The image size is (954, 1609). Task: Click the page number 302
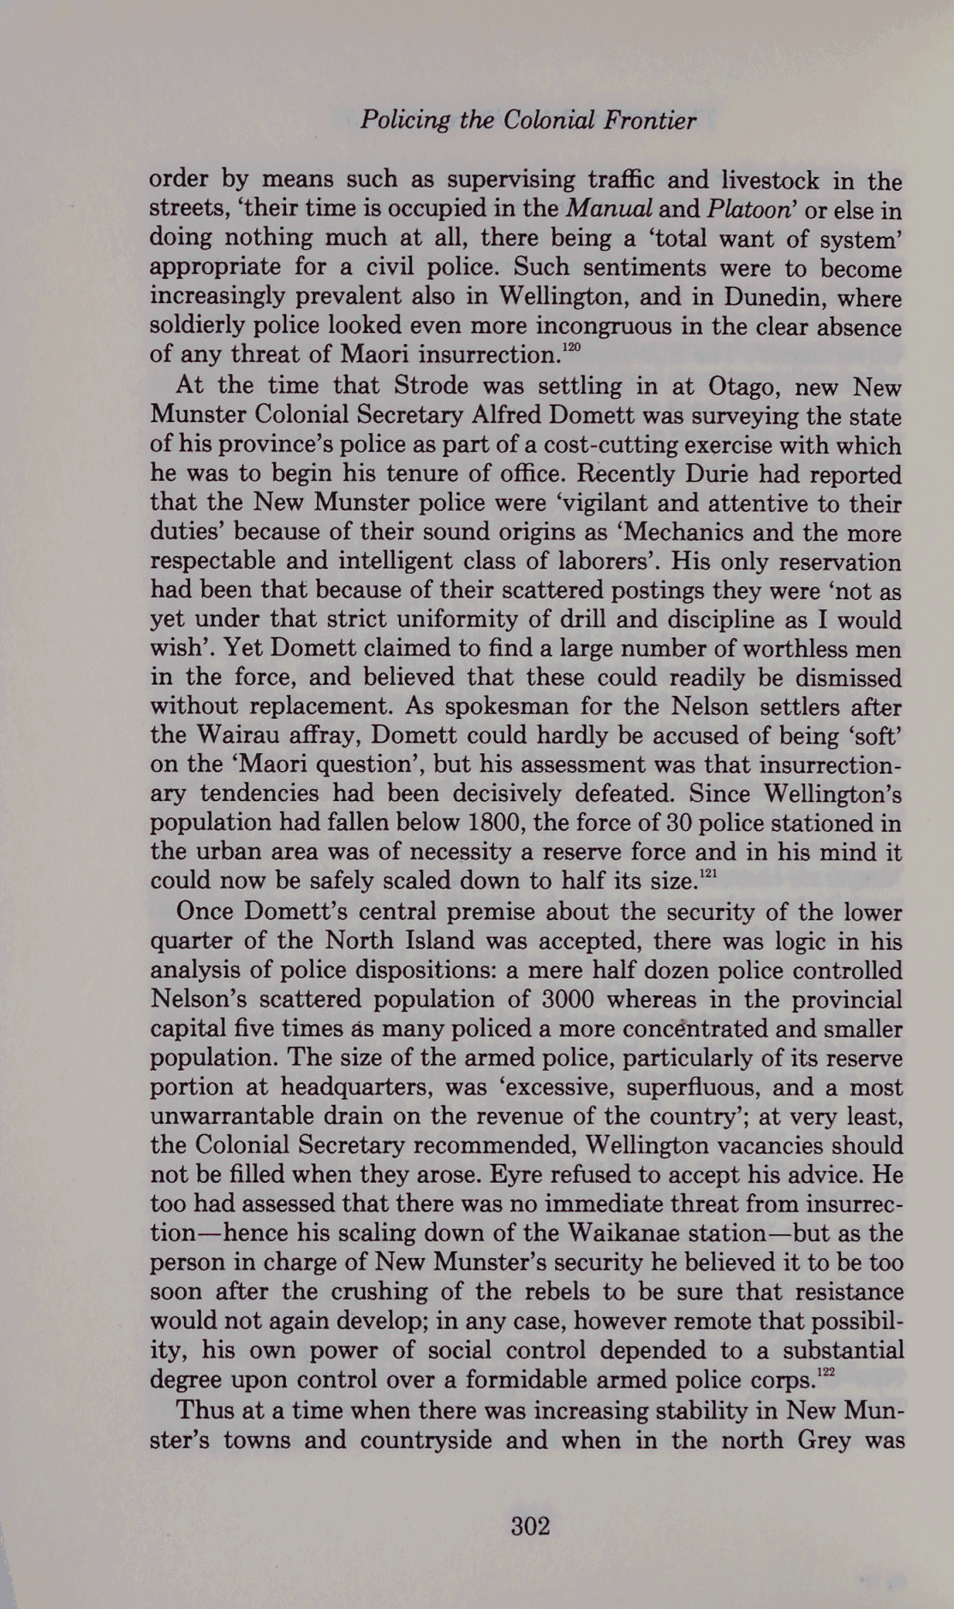tap(530, 1526)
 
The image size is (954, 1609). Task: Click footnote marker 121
tap(707, 873)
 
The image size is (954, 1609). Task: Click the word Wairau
tap(230, 736)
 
